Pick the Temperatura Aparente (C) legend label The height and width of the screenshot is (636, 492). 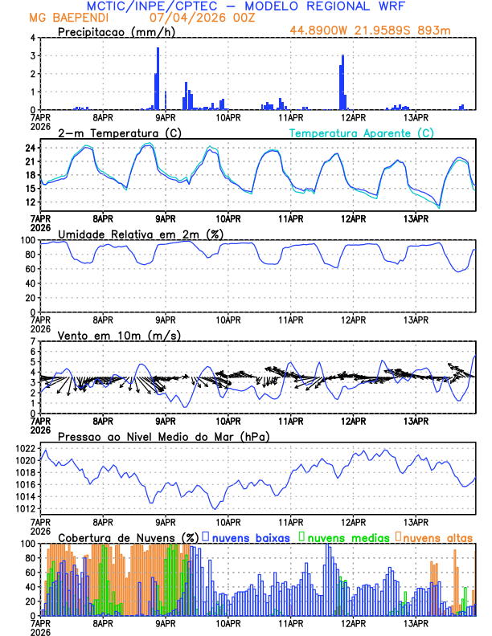361,132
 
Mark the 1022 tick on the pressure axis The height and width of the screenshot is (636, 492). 24,448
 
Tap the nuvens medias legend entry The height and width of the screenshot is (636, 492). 341,536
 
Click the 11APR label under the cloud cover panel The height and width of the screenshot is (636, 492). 290,622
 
